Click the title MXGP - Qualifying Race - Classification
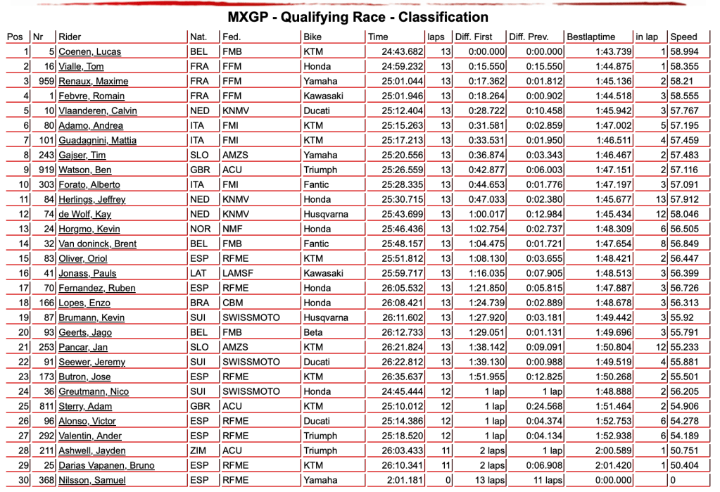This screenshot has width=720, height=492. [x=359, y=17]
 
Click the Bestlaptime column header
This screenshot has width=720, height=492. [x=590, y=37]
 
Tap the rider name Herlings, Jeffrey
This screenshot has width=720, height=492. [x=91, y=199]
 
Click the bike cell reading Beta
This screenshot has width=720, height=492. [x=313, y=332]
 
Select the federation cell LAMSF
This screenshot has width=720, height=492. [x=237, y=273]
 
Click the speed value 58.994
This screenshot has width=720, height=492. [x=685, y=51]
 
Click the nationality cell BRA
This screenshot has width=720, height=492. [x=198, y=303]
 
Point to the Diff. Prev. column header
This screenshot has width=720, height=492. [x=528, y=37]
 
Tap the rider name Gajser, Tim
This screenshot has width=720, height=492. [x=82, y=155]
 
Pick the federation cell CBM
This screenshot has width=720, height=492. [x=232, y=303]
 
